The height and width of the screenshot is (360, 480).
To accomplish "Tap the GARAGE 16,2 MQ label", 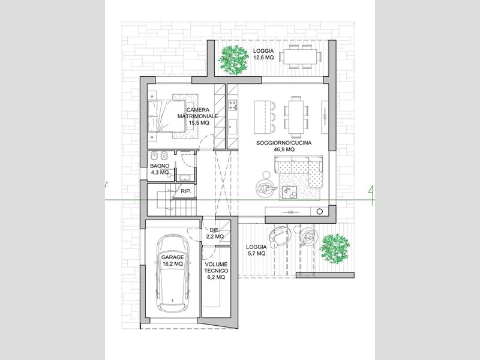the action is coord(173,260).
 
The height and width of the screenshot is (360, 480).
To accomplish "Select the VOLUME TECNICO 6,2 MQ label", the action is coord(216,271).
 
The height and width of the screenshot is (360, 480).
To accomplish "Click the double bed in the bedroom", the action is coord(167,116).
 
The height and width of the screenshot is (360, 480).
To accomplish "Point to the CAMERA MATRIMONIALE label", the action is coord(198,113).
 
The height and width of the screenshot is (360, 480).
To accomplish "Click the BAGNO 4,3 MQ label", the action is coord(160,169).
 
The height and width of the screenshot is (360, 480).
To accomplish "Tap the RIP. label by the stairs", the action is coord(186,191).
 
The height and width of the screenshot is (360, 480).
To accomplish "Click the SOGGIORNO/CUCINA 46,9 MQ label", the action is coord(284,146).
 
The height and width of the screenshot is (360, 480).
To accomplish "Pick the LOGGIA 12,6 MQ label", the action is coord(263,54).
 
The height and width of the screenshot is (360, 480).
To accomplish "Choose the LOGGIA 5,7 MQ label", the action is coord(256,250).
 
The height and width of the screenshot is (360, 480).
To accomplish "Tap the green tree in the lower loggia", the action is coord(334,248).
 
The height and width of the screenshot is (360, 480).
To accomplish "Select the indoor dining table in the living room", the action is coord(296,116).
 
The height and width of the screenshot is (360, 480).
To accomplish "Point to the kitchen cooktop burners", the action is coord(233,106).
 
